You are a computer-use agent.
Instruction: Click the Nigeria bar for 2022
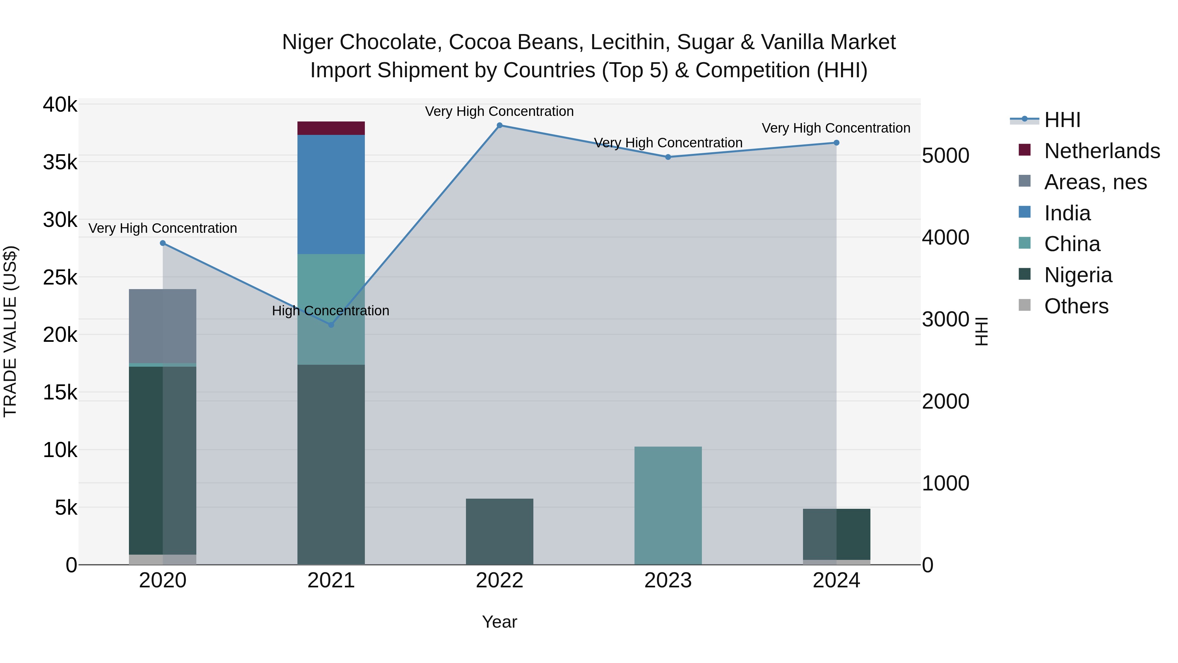(x=499, y=531)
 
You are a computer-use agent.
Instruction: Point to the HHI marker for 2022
(x=499, y=125)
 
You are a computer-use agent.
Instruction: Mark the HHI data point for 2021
(x=331, y=325)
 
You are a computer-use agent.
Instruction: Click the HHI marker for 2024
(x=836, y=143)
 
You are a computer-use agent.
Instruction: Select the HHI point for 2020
(x=163, y=243)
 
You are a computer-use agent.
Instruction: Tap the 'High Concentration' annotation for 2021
(x=330, y=311)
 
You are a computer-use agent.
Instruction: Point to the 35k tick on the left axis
(x=60, y=162)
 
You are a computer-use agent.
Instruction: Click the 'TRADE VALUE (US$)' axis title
(x=10, y=331)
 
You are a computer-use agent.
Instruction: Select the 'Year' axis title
(x=499, y=622)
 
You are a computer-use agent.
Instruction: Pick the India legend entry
(x=1067, y=213)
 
